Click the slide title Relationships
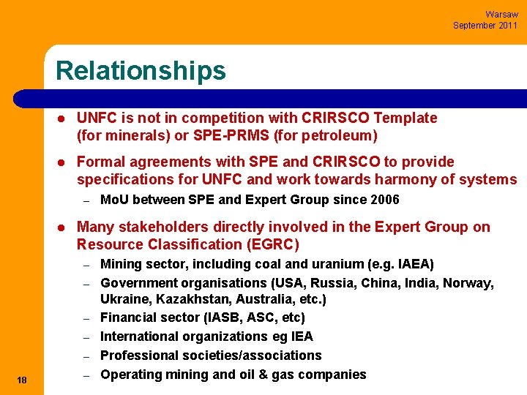point(141,71)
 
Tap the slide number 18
point(22,379)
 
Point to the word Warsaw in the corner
point(501,15)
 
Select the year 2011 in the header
point(507,26)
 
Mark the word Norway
point(471,282)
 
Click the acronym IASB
point(214,317)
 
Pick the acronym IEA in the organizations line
point(301,336)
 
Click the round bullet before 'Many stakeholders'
point(64,227)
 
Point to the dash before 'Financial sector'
point(86,318)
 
